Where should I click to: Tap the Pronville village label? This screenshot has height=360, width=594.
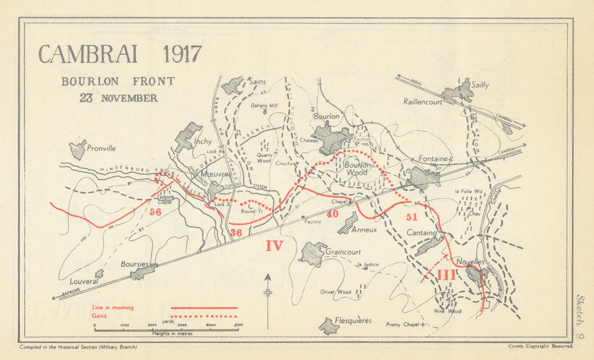(101, 149)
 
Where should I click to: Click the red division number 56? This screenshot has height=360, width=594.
(156, 212)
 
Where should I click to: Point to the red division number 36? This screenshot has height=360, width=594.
(236, 233)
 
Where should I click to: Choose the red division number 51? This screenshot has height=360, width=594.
(412, 217)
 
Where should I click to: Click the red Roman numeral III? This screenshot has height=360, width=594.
(447, 275)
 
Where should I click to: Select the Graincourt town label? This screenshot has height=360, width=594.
(343, 251)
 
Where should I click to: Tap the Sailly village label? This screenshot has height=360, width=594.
(480, 85)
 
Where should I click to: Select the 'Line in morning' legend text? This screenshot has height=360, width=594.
(113, 308)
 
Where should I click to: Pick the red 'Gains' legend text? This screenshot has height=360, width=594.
(100, 316)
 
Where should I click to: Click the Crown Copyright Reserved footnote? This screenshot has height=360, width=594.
(540, 346)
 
